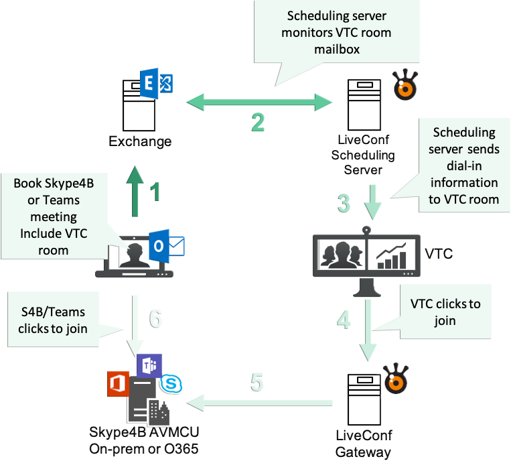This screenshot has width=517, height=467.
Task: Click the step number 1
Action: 155,192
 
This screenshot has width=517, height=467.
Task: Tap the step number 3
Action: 344,202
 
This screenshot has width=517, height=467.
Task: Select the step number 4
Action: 344,320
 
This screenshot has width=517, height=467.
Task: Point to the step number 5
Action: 256,383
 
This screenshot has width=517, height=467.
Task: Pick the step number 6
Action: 155,319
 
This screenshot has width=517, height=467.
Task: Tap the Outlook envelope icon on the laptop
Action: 168,245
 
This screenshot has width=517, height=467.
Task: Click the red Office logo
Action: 119,385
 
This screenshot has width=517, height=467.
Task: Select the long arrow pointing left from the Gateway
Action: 261,403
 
